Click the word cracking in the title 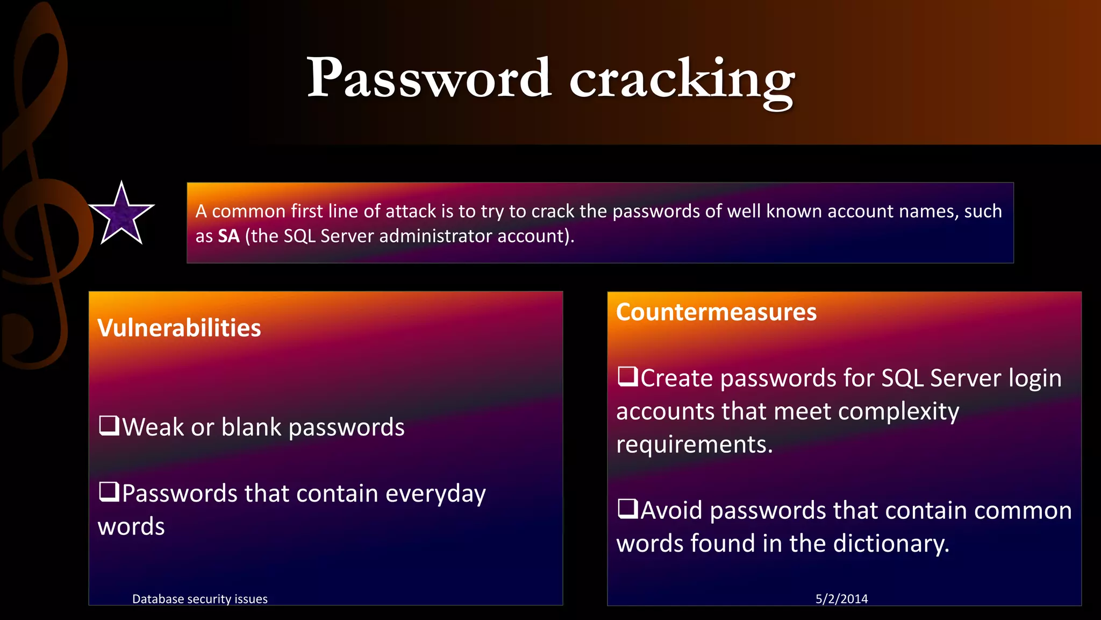click(682, 81)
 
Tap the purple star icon click(121, 214)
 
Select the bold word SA click(228, 236)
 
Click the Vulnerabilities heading click(179, 328)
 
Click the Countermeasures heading click(716, 312)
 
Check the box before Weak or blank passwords click(109, 426)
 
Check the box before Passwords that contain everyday click(109, 492)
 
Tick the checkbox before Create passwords click(628, 376)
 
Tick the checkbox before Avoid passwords click(628, 509)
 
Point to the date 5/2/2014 click(841, 598)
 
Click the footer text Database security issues click(200, 599)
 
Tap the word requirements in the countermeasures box click(694, 445)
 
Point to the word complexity click(898, 412)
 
